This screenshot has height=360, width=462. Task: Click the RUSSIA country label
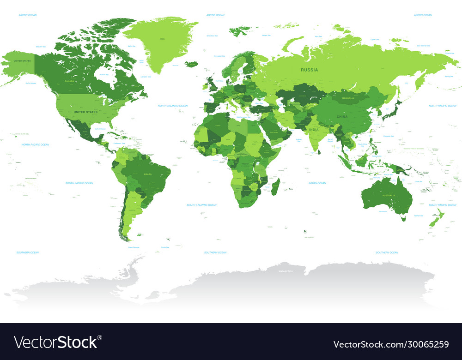[309, 70]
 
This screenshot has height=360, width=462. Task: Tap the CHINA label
[342, 117]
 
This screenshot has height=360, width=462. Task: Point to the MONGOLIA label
[348, 98]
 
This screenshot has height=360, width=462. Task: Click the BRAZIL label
[148, 174]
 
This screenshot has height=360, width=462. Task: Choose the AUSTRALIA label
[387, 195]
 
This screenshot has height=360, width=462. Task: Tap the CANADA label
[69, 81]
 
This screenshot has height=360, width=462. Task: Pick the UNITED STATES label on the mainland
[86, 112]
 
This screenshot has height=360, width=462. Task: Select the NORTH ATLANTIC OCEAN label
[173, 106]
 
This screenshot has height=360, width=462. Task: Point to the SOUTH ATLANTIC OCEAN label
[201, 205]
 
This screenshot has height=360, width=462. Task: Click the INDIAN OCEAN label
[317, 183]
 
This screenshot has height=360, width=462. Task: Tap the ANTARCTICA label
[285, 271]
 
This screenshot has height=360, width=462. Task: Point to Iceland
[191, 64]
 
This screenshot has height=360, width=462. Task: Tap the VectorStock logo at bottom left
[58, 342]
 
